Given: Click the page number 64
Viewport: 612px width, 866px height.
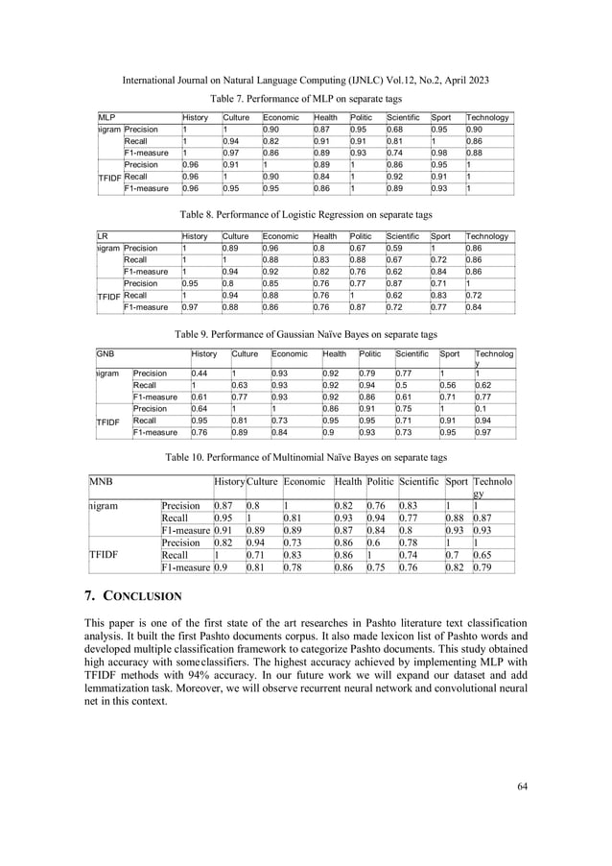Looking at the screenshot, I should coord(522,787).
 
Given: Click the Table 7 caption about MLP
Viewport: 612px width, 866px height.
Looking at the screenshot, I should coord(307,99).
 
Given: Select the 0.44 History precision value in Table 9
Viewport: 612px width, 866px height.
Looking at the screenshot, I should coord(200,373).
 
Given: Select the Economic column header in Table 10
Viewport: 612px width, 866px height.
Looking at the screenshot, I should coord(305,479).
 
